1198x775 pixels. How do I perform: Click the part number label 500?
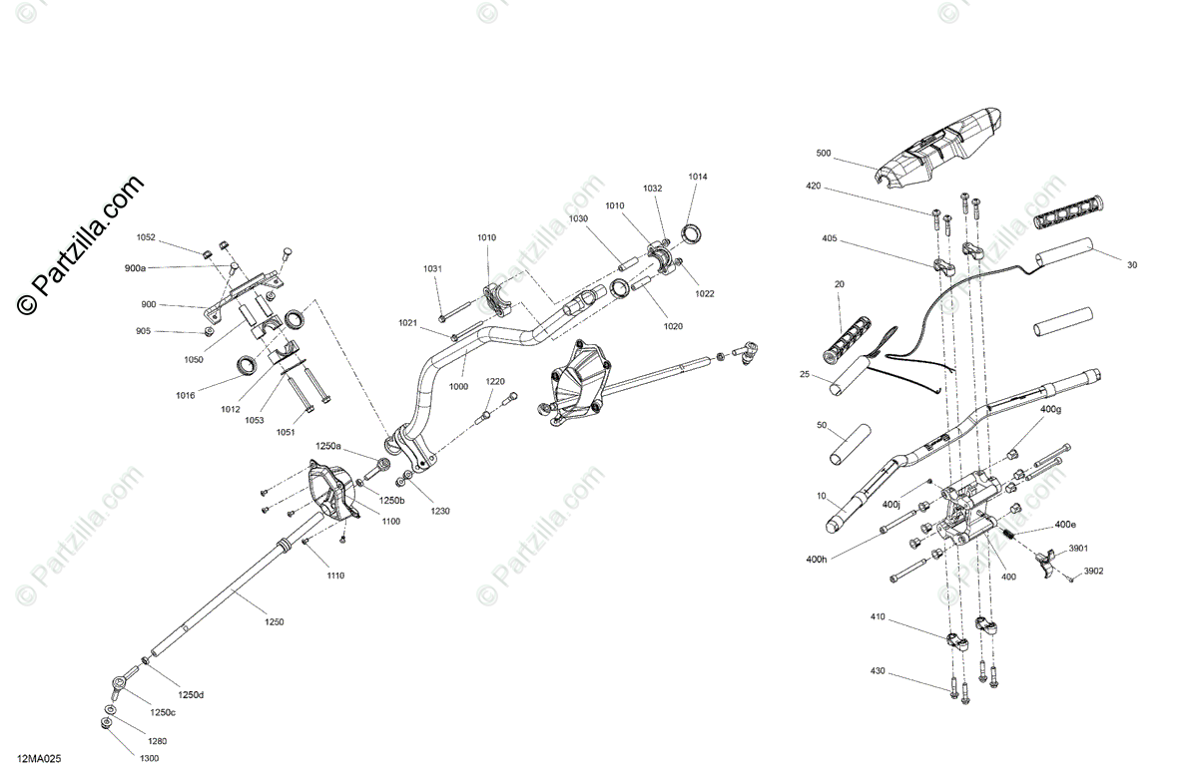point(823,154)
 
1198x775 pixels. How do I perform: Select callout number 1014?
point(697,177)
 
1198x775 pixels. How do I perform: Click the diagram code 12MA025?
point(39,759)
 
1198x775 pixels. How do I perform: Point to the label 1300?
point(149,759)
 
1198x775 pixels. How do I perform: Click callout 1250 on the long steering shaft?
point(274,621)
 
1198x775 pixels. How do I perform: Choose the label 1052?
point(147,237)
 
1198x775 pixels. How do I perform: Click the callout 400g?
point(1050,410)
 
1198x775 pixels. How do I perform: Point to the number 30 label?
point(1131,265)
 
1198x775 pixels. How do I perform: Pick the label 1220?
point(496,381)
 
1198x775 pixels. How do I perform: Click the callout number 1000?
point(458,386)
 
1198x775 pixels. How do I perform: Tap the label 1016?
point(186,395)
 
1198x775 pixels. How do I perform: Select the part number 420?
point(814,187)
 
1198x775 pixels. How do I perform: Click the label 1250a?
point(328,445)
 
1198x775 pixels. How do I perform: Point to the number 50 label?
point(822,425)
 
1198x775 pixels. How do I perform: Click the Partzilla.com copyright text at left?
point(80,244)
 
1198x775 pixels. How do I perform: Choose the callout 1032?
point(652,188)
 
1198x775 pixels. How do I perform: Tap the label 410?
point(878,617)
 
